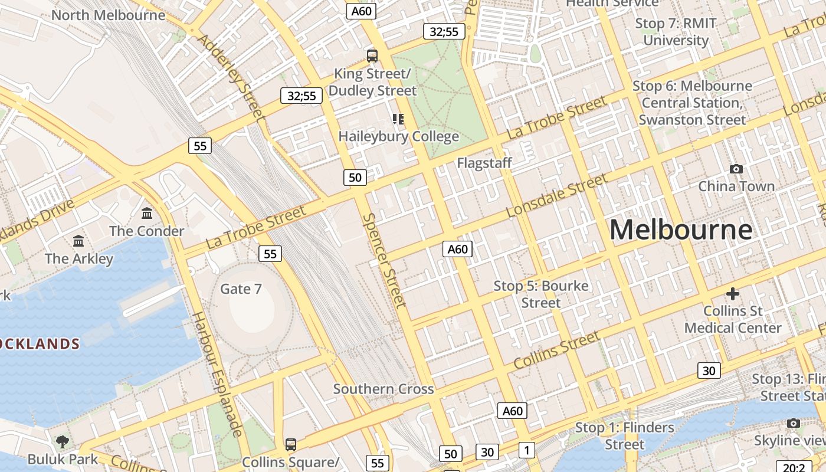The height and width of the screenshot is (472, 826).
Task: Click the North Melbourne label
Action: pos(108,15)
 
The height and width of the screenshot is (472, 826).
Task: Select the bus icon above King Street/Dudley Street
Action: pos(372,56)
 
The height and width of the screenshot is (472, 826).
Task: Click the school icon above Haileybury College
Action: pos(398,119)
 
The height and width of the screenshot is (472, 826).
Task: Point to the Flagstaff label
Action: pos(484,163)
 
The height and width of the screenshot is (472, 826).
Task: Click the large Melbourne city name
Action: pos(681,230)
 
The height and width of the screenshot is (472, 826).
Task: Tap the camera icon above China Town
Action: pos(736,169)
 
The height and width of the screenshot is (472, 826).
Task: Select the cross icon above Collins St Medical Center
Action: pos(732,293)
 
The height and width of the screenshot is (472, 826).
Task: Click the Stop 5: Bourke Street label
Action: pos(541,294)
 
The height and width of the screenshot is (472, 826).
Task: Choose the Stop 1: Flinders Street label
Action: pos(624,435)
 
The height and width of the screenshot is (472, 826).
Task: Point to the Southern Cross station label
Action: pos(383,389)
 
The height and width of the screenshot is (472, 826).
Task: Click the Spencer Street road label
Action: pos(385,260)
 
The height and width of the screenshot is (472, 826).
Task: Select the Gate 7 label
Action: pos(241,289)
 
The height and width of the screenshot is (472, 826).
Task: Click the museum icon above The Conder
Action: pos(147,213)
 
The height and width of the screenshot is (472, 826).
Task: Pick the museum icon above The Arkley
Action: pos(78,241)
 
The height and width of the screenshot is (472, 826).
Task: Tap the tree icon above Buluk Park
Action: pos(62,441)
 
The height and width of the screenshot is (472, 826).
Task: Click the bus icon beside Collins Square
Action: pos(290,444)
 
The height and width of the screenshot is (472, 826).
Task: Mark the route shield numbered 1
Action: pos(526,450)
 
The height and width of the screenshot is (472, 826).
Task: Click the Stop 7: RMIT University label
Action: pos(676,32)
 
